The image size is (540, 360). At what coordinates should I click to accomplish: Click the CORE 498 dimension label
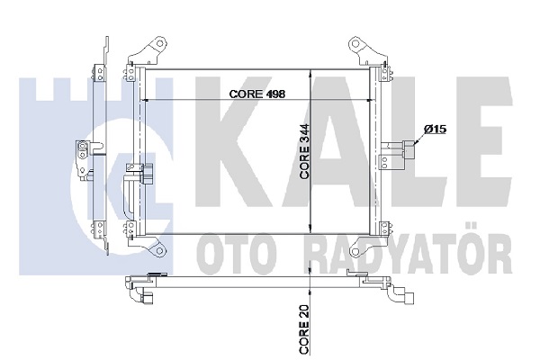click(256, 94)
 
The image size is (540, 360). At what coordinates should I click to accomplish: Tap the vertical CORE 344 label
click(305, 151)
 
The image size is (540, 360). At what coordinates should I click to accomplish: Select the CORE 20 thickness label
click(304, 328)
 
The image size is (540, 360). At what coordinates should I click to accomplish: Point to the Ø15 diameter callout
click(435, 130)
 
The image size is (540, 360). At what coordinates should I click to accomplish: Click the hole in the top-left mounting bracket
click(160, 43)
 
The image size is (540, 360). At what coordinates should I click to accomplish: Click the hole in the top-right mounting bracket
click(355, 44)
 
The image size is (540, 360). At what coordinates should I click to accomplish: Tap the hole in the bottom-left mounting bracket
click(159, 250)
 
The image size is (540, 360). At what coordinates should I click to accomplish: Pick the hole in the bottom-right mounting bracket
click(355, 252)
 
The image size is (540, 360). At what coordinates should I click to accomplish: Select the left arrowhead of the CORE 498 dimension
click(145, 100)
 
